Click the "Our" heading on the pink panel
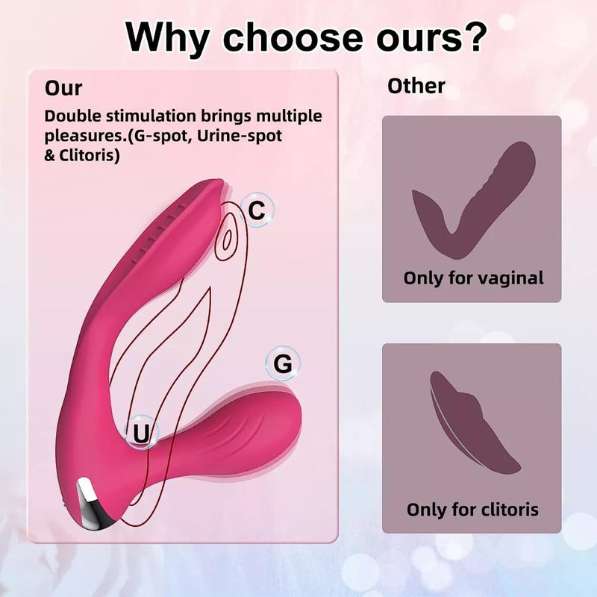coord(63,87)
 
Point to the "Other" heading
coord(416,86)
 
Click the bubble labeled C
coord(256,211)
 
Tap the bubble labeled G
coord(283,364)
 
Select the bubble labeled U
coord(141,432)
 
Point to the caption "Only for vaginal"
coord(473,278)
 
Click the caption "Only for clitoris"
coord(472,510)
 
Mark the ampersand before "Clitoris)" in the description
coord(50,157)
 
